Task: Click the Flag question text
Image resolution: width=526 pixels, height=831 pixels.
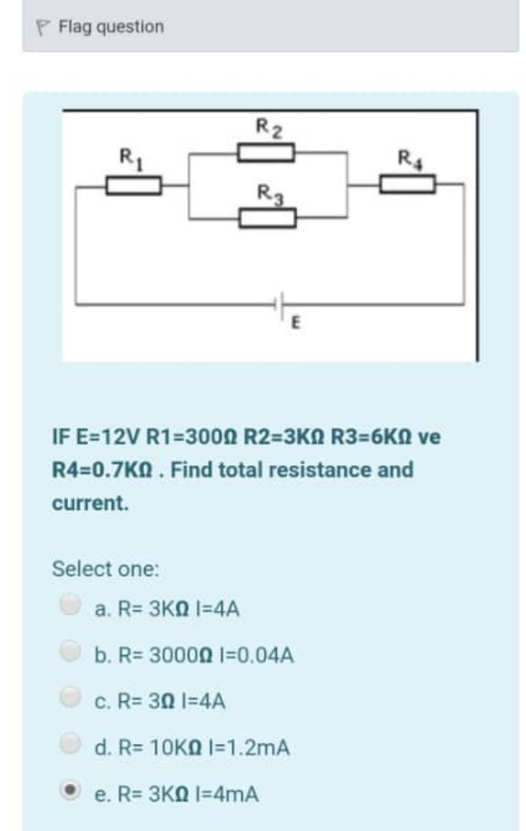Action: [111, 27]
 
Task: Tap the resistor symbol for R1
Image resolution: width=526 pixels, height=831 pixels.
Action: [133, 186]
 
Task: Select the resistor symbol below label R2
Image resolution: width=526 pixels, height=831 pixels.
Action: [266, 153]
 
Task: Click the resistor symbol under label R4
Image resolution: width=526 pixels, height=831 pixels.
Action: [408, 184]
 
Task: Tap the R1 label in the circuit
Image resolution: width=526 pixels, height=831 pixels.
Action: [129, 155]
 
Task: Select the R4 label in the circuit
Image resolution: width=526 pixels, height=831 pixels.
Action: [406, 156]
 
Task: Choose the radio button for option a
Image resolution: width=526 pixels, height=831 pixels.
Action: [72, 605]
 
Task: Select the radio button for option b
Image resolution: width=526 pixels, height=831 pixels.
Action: [72, 651]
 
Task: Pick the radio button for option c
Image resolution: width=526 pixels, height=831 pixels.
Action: [72, 696]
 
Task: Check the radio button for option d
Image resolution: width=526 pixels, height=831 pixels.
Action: [72, 742]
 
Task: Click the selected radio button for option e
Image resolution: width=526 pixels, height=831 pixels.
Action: [72, 788]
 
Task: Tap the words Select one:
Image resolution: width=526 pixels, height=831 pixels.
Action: [105, 569]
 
